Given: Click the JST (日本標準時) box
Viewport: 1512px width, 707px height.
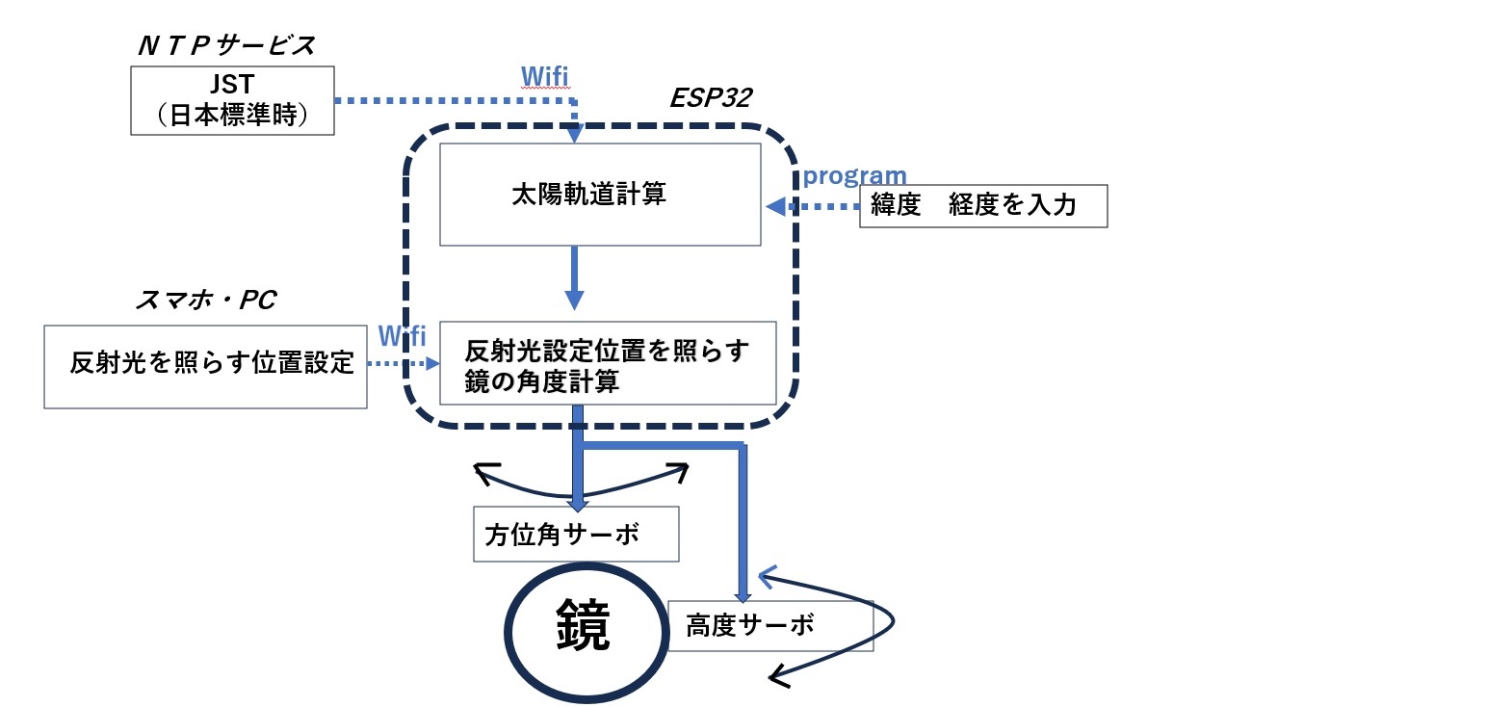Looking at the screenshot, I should [x=232, y=100].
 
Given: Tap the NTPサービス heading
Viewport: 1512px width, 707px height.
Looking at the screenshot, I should [x=226, y=45].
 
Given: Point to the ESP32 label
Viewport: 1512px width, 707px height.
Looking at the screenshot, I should [x=711, y=97].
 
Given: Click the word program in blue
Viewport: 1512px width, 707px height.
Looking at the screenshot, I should [x=854, y=175].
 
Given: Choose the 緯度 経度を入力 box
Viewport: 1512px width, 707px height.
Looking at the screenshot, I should [x=982, y=205].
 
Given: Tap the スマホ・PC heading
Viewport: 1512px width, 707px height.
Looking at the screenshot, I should [x=205, y=300].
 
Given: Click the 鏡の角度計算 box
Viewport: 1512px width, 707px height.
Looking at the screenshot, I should [x=607, y=364].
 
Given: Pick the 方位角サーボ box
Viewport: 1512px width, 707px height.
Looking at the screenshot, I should [x=576, y=535].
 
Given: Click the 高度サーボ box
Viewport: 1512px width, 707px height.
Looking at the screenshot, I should [x=769, y=626].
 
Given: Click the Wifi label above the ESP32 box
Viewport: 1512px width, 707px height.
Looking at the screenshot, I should [x=544, y=76].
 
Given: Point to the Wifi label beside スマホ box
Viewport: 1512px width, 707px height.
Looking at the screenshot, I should [x=402, y=336].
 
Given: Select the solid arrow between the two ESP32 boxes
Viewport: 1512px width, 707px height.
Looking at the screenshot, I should [x=574, y=278].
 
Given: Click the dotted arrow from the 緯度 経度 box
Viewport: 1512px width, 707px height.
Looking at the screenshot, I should [x=813, y=206].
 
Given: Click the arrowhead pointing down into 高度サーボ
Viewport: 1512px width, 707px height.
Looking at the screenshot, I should [x=743, y=595].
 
